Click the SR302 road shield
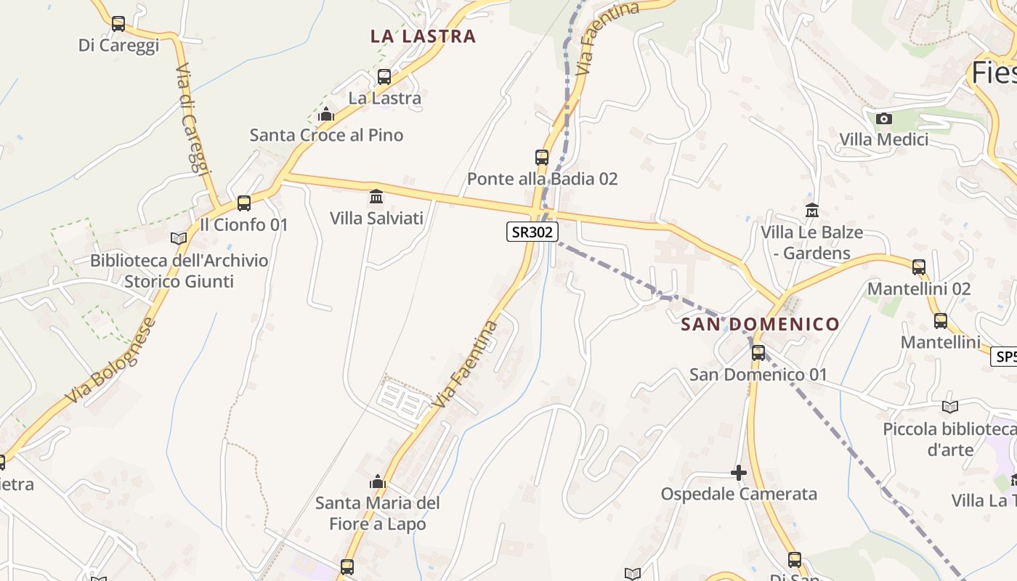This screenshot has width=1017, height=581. (532, 232)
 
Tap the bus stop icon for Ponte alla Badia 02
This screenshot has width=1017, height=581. (541, 157)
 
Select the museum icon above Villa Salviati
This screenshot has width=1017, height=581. (376, 196)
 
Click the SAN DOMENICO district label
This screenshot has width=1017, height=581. (760, 324)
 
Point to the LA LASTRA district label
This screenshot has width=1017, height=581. (423, 36)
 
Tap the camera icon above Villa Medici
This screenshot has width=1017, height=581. (883, 118)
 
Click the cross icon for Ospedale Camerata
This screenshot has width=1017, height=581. (738, 474)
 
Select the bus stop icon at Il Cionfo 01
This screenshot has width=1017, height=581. (244, 203)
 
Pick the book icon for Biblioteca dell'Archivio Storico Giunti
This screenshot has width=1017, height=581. (178, 238)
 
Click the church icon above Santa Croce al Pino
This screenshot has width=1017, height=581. (326, 114)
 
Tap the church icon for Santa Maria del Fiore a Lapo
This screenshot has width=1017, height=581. (377, 482)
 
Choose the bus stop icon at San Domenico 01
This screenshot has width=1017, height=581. (758, 353)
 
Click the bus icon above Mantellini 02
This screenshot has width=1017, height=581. (918, 267)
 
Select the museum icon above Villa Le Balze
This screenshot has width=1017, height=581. (811, 211)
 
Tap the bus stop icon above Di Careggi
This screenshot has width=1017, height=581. (118, 24)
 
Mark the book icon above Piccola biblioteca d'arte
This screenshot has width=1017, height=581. (949, 407)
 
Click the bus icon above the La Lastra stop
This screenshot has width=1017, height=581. (384, 76)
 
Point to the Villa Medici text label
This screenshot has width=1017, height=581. (883, 139)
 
